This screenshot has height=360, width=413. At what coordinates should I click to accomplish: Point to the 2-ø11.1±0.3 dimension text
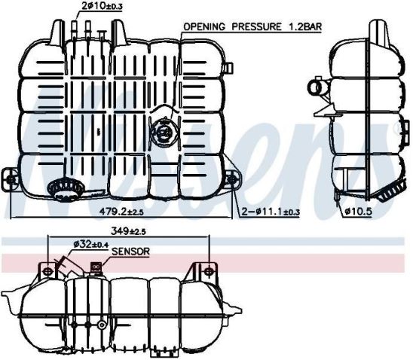pos(271,213)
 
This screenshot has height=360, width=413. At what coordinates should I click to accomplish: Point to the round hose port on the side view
pos(320,90)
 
